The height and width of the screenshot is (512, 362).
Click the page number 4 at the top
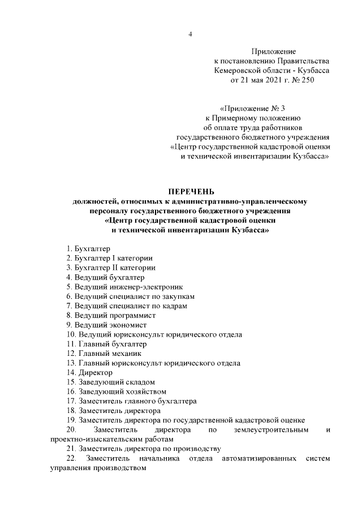(x=191, y=35)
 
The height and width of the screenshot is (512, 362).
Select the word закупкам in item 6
(x=175, y=296)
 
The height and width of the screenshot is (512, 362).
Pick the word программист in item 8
(x=131, y=315)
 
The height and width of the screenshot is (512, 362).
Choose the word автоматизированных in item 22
(x=257, y=458)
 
